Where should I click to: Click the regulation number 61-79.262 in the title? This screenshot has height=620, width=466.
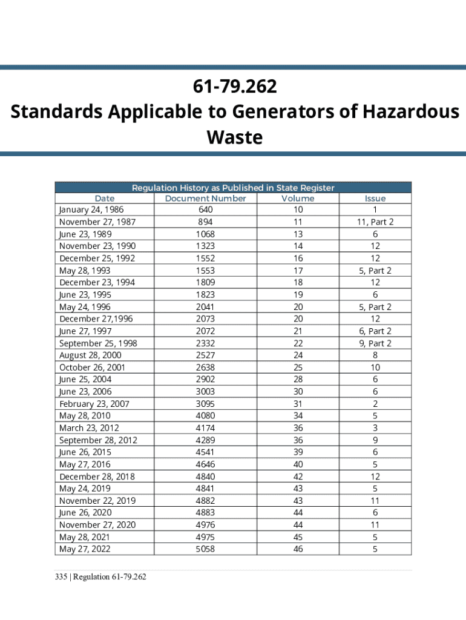pyautogui.click(x=235, y=87)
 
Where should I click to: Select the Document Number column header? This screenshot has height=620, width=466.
pyautogui.click(x=205, y=198)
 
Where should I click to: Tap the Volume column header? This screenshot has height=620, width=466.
pyautogui.click(x=298, y=198)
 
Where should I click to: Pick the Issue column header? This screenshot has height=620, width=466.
pyautogui.click(x=375, y=198)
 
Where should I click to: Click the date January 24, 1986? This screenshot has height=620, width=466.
pyautogui.click(x=87, y=209)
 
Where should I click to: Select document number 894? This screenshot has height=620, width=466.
pyautogui.click(x=205, y=222)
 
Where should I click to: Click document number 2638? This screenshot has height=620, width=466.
pyautogui.click(x=205, y=367)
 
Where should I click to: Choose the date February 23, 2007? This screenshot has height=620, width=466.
pyautogui.click(x=94, y=403)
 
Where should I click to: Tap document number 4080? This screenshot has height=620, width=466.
pyautogui.click(x=205, y=415)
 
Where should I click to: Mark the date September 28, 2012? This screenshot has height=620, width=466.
pyautogui.click(x=98, y=440)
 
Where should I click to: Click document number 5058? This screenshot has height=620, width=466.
pyautogui.click(x=205, y=549)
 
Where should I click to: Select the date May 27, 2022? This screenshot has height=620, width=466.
pyautogui.click(x=85, y=549)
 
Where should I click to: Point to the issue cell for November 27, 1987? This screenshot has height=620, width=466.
pyautogui.click(x=375, y=222)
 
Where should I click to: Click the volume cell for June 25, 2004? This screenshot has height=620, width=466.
pyautogui.click(x=298, y=379)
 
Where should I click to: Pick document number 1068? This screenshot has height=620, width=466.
pyautogui.click(x=205, y=234)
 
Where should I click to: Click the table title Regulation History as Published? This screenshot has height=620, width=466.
pyautogui.click(x=233, y=188)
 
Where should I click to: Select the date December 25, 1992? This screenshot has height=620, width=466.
pyautogui.click(x=97, y=258)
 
